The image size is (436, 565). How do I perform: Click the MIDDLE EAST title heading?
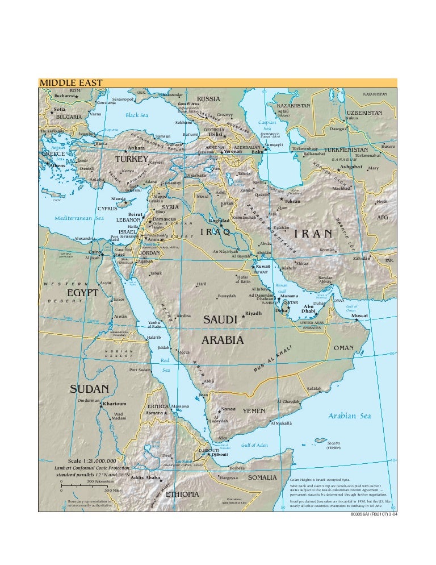70,84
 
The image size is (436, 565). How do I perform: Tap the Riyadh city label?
253,313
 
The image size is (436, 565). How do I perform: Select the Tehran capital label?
292,201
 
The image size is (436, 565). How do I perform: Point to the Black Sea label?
136,115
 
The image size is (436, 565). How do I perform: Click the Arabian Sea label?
350,416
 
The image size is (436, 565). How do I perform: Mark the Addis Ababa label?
145,477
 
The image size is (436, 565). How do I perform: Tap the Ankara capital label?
136,148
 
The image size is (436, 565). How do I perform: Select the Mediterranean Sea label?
79,218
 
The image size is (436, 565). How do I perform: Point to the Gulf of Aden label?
254,445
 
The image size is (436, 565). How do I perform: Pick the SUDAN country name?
89,389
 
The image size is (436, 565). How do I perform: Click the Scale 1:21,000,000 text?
92,460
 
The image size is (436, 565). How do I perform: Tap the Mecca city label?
183,352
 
